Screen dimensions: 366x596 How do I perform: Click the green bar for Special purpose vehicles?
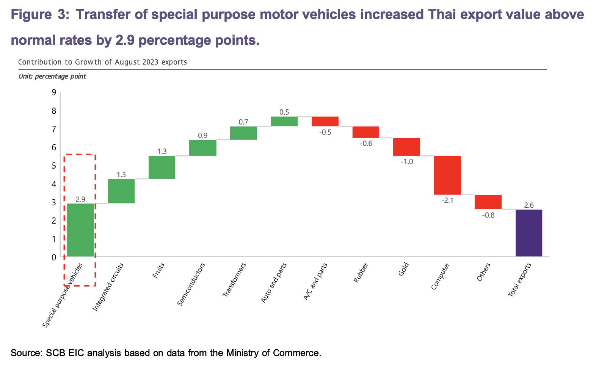coord(80,230)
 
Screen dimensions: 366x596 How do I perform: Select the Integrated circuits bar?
coord(121,191)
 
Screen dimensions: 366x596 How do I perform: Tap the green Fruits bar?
coord(162,167)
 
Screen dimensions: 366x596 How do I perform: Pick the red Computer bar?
coord(447,175)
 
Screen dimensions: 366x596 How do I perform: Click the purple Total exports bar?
coord(529,233)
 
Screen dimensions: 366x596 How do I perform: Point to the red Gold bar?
coord(406,147)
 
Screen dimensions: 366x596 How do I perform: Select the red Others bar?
coord(488,202)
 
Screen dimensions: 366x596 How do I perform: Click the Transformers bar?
coord(243,133)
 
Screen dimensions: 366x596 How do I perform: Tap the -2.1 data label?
coord(447,200)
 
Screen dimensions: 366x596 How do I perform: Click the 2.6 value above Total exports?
coord(529,205)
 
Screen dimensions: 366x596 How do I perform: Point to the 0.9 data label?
coord(203,136)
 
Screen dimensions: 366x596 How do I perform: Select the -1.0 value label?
coord(406,161)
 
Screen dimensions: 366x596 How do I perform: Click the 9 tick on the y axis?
coord(54,92)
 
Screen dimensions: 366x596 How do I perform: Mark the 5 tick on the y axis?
coord(54,166)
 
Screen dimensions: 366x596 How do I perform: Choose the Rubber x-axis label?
coord(361,273)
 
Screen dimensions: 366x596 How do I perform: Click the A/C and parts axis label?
coord(315,281)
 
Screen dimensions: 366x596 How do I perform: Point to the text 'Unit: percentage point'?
coord(52,76)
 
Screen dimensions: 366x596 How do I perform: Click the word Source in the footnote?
coord(25,353)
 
